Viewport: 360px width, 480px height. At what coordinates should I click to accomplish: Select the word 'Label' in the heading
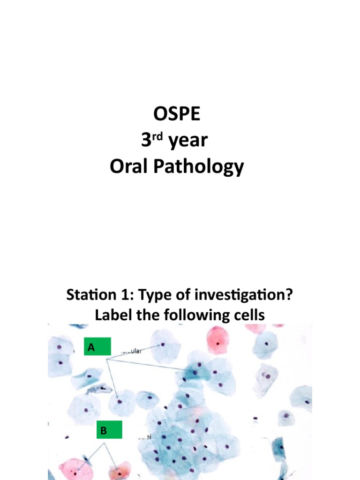point(112,315)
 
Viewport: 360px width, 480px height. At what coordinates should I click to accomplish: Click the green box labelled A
point(97,347)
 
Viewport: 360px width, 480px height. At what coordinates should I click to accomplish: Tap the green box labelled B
point(109,429)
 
